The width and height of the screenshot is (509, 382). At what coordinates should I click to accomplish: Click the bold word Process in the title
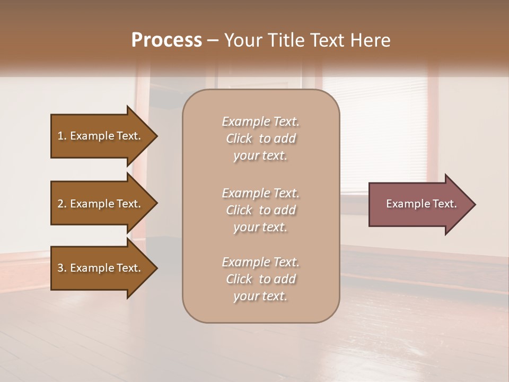click(166, 40)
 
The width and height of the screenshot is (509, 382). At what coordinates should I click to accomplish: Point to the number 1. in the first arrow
click(62, 136)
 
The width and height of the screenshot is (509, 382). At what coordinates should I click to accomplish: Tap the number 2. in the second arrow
click(62, 204)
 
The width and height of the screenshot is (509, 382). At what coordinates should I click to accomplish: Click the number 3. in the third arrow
click(62, 268)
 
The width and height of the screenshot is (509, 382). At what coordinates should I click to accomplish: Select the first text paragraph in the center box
click(261, 138)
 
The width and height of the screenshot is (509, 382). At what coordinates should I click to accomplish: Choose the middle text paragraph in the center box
click(261, 210)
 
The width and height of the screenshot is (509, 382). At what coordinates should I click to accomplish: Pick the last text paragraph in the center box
click(261, 279)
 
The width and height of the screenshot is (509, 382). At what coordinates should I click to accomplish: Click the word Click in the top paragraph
click(239, 139)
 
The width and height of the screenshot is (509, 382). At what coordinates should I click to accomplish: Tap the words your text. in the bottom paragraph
click(260, 297)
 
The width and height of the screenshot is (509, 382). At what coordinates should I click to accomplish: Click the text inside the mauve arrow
click(421, 204)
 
